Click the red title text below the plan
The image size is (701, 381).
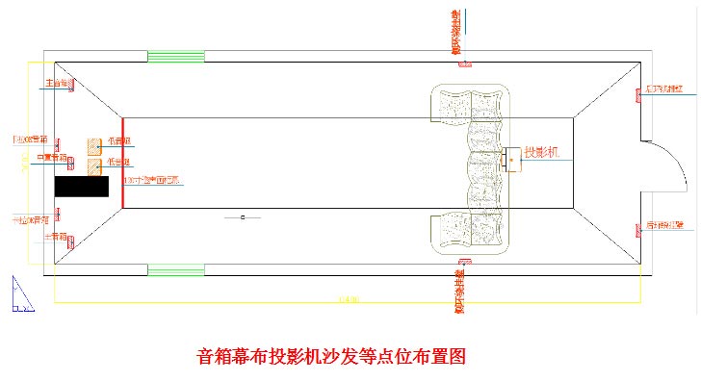pos(330,355)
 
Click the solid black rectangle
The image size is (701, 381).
pos(82,187)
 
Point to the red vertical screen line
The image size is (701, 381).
pos(122,161)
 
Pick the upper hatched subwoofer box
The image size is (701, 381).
pos(93,146)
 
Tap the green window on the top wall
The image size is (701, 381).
pos(175,57)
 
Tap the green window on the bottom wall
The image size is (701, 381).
pos(175,270)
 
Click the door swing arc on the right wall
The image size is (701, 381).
pos(664,154)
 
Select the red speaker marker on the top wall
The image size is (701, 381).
pos(464,63)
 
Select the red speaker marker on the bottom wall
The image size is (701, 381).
pos(464,263)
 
